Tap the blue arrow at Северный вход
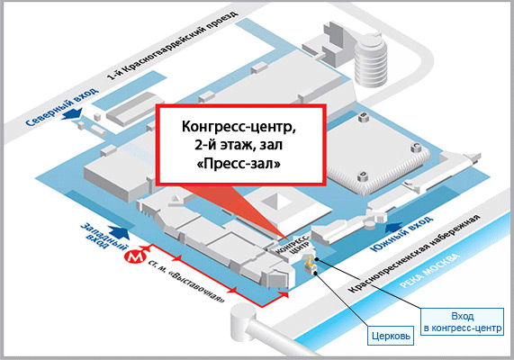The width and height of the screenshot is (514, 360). [72, 113]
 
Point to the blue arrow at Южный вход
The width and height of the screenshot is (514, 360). [394, 227]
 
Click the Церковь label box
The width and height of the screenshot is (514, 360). [391, 336]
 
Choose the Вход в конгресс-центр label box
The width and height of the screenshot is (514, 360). [462, 321]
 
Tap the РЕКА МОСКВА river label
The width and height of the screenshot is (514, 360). [430, 271]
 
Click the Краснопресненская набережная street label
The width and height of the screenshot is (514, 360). [414, 254]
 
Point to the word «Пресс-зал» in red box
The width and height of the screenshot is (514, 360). [239, 163]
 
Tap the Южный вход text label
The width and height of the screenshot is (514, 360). [401, 234]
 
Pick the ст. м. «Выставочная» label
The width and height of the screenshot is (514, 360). [187, 282]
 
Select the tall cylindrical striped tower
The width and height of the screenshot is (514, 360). [371, 60]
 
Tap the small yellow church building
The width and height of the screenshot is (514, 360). [309, 265]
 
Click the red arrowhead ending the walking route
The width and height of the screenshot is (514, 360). [284, 294]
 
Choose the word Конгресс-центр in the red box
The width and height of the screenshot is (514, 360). [239, 127]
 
